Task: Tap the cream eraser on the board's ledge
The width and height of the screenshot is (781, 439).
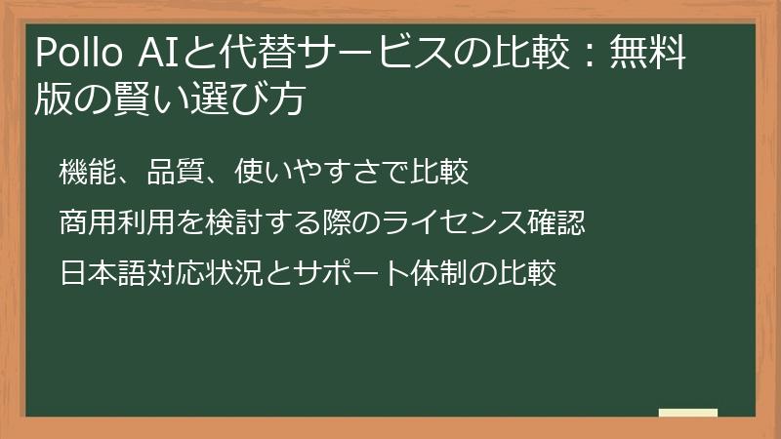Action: click(687, 412)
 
